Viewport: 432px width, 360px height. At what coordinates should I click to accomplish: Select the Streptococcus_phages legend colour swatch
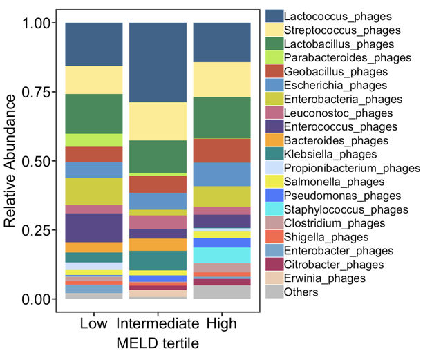click(x=274, y=30)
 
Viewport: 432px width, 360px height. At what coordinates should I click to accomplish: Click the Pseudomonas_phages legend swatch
click(x=274, y=196)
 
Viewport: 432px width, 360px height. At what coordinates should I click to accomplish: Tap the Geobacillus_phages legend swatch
click(x=274, y=71)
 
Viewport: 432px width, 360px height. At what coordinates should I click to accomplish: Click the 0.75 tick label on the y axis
click(x=37, y=92)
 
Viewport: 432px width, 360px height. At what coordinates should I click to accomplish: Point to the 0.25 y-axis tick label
click(x=37, y=230)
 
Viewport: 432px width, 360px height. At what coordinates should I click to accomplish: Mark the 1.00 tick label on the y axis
click(x=37, y=23)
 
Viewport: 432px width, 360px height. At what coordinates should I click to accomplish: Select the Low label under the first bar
click(x=94, y=324)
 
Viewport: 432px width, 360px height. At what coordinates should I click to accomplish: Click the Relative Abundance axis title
click(x=12, y=161)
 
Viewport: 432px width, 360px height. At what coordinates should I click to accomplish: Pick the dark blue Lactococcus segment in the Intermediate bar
click(x=158, y=62)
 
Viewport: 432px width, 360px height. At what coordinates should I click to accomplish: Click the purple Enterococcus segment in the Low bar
click(x=94, y=227)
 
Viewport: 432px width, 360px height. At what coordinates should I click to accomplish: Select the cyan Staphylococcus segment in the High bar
click(x=221, y=255)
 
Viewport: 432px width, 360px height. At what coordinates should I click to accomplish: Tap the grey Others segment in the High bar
click(x=221, y=292)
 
